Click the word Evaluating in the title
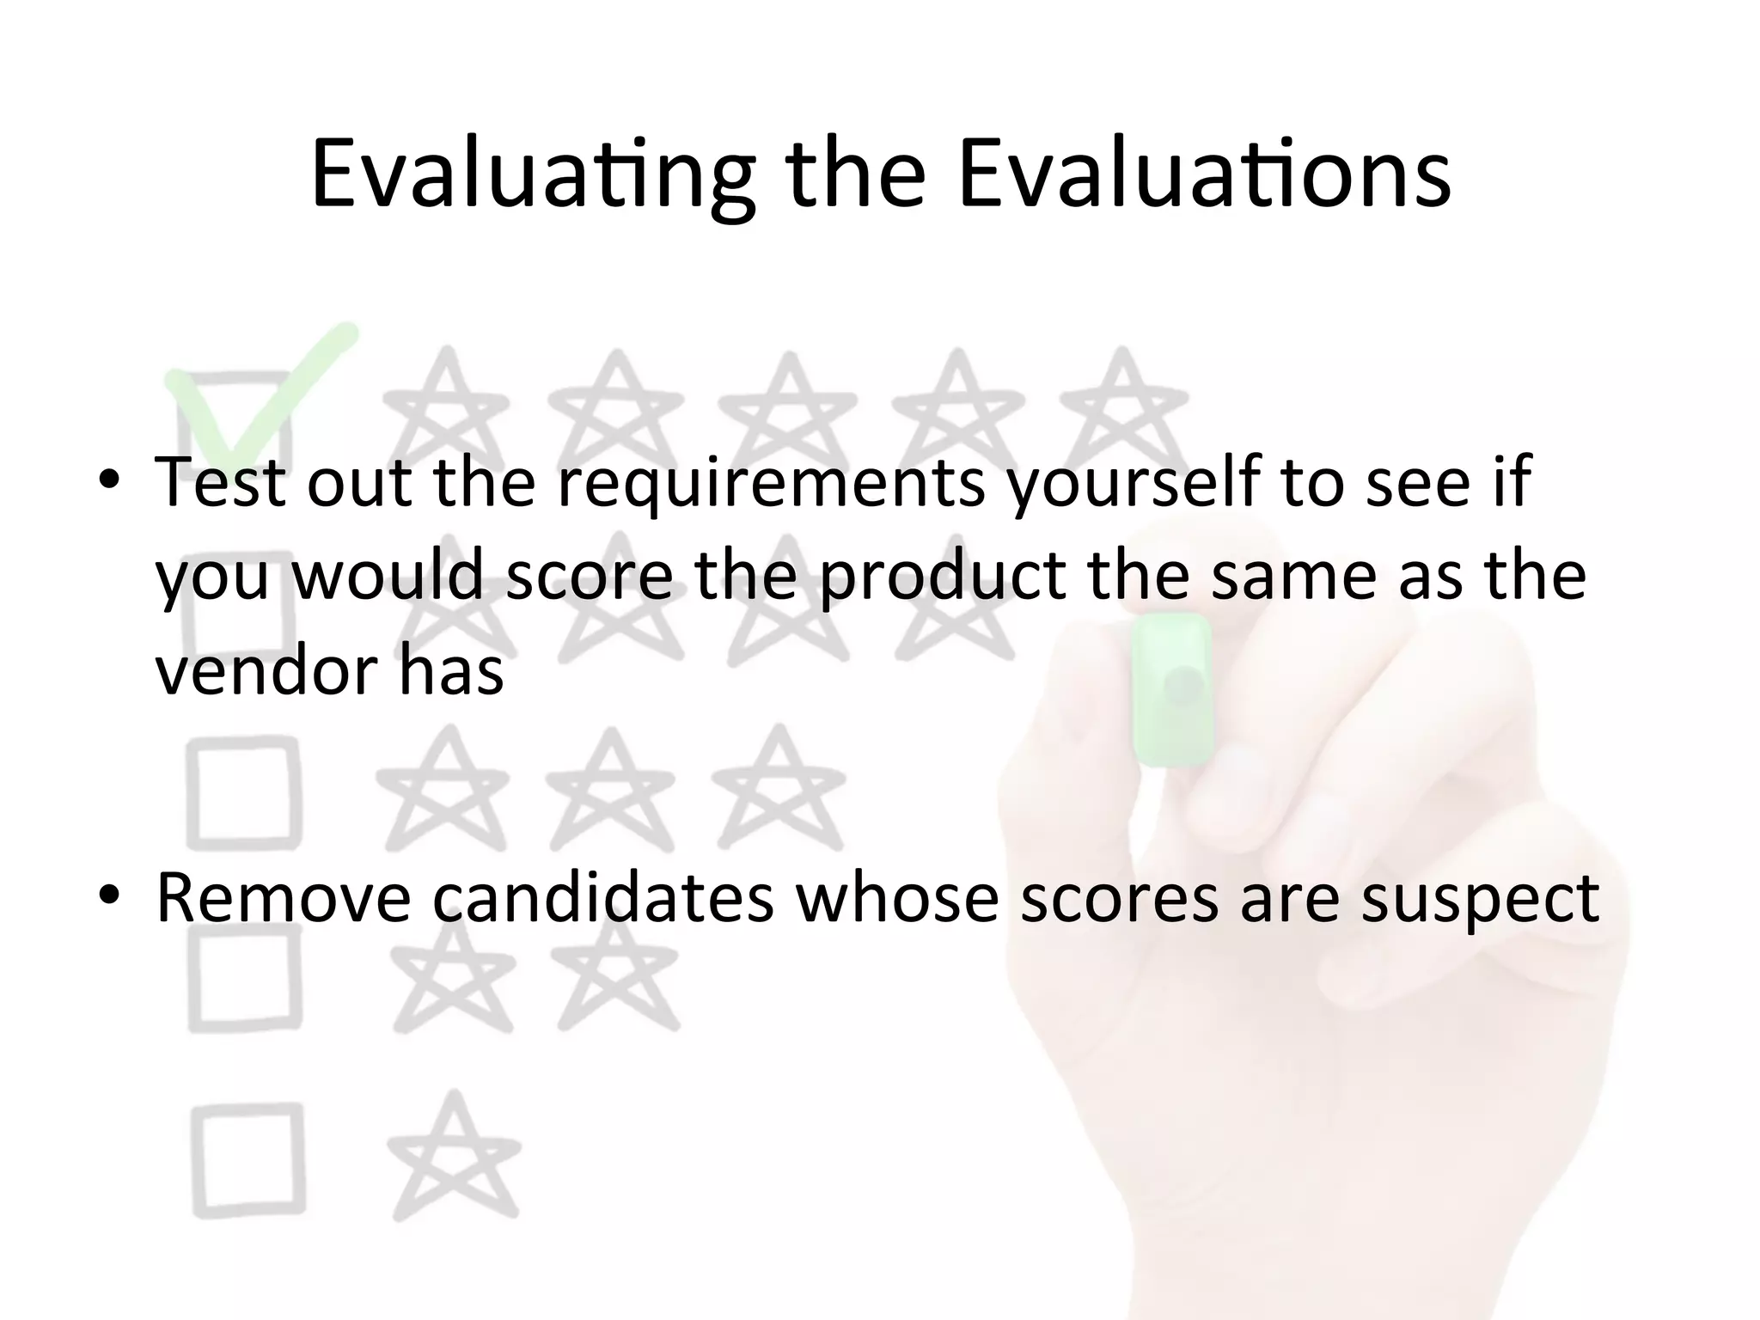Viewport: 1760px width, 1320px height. (533, 176)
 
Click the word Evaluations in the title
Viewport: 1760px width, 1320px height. (1203, 176)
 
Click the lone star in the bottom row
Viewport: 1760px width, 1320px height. (454, 1160)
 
